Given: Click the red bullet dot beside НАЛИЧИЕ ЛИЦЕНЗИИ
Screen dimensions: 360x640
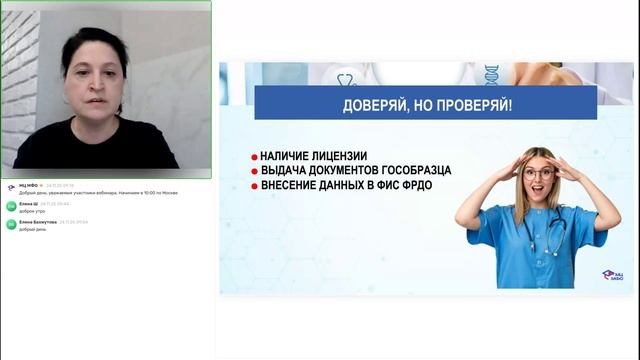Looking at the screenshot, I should [x=255, y=157].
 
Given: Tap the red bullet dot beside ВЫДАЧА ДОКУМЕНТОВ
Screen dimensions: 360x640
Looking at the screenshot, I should [x=255, y=172].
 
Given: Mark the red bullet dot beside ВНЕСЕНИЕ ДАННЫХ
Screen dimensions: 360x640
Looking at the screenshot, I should [x=255, y=187].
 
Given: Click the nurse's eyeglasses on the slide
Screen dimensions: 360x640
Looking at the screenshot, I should [x=539, y=172].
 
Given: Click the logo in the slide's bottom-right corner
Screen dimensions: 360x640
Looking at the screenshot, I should [x=611, y=275].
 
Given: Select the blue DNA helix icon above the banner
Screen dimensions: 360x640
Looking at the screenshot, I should [x=491, y=74].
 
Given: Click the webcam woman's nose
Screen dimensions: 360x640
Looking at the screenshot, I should [x=94, y=85].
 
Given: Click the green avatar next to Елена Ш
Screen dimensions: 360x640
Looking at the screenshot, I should [x=11, y=205].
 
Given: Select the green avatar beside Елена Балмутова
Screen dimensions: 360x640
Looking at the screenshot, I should [x=11, y=224].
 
